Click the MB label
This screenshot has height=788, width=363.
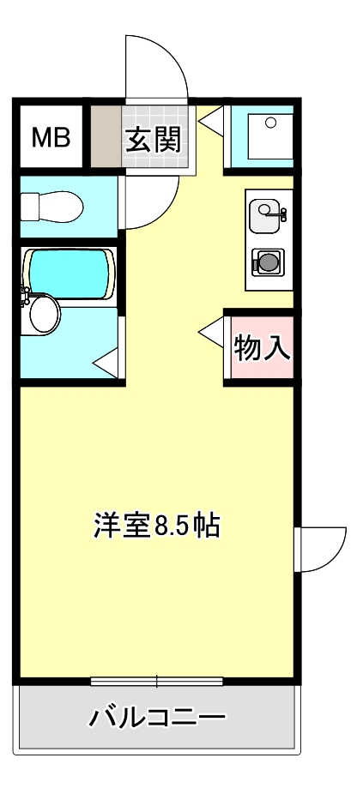pyautogui.click(x=50, y=138)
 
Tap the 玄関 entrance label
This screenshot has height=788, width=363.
pyautogui.click(x=154, y=138)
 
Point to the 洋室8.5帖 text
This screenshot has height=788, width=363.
pyautogui.click(x=158, y=525)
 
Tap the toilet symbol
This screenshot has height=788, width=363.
pyautogui.click(x=51, y=206)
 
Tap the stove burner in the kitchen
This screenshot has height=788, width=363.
pyautogui.click(x=268, y=261)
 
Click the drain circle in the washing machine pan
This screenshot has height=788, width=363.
pyautogui.click(x=271, y=123)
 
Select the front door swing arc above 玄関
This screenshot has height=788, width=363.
pyautogui.click(x=158, y=69)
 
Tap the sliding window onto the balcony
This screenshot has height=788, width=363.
pyautogui.click(x=156, y=683)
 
